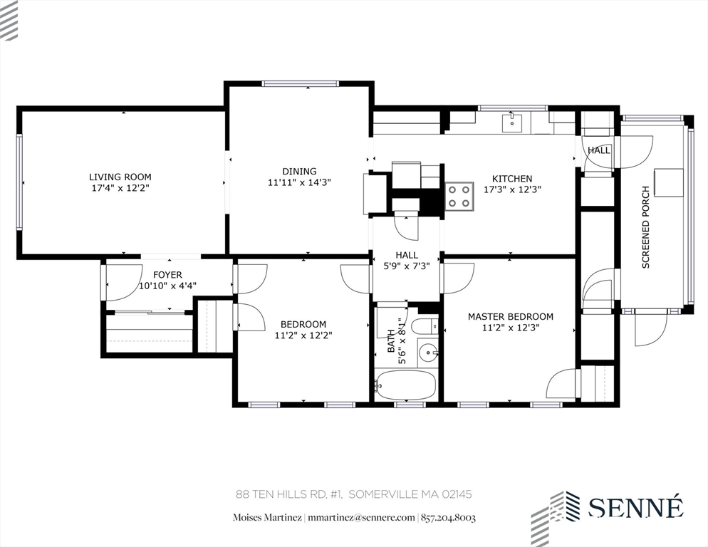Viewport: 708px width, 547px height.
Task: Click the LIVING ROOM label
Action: tap(120, 177)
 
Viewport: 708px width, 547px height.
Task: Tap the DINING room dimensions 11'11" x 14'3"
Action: tap(299, 182)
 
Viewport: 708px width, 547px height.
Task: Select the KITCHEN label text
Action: tap(511, 179)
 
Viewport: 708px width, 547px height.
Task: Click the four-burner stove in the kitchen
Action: tap(459, 196)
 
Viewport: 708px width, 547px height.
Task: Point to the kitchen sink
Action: tap(512, 123)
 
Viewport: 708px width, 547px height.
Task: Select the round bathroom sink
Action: tap(427, 352)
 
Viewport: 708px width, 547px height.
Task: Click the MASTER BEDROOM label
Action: tap(510, 316)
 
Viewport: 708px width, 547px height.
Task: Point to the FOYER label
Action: tap(167, 274)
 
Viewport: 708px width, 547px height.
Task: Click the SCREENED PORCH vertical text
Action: tap(645, 227)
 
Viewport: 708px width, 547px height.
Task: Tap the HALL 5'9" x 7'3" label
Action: tap(406, 260)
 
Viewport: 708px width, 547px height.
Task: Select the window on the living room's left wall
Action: tap(20, 183)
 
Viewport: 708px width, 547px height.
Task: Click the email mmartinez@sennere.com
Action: tap(363, 518)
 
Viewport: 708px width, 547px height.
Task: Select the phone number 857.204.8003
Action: tap(448, 518)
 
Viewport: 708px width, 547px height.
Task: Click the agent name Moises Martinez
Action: tap(268, 518)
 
